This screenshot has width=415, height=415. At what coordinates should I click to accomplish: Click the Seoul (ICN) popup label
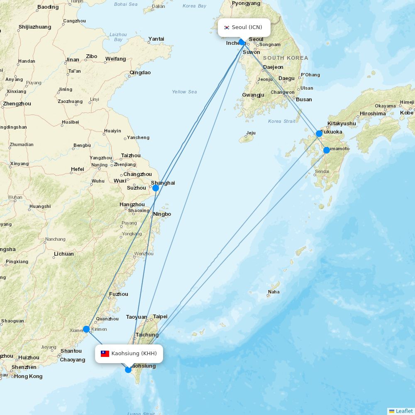(x=244, y=27)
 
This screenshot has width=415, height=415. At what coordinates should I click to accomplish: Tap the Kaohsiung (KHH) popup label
(x=129, y=354)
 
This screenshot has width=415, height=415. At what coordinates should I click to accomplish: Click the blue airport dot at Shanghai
(x=156, y=188)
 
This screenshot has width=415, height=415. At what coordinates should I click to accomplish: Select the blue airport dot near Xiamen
(x=86, y=329)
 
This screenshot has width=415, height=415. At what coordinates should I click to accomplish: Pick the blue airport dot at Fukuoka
(x=319, y=134)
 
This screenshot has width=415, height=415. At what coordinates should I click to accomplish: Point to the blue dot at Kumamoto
(x=327, y=150)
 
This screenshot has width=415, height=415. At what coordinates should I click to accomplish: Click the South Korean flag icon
(x=227, y=27)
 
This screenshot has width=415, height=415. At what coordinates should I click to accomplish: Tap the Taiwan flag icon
(x=105, y=354)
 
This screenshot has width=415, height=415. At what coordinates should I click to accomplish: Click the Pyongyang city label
(x=246, y=3)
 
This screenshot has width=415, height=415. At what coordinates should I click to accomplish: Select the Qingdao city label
(x=140, y=73)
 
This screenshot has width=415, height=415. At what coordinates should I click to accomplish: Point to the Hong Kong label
(x=28, y=376)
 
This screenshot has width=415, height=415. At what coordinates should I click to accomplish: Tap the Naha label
(x=274, y=292)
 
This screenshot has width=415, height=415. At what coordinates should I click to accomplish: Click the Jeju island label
(x=251, y=133)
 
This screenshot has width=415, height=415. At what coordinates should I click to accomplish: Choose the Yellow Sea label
(x=185, y=92)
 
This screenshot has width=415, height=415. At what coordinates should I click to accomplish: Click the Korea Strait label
(x=282, y=121)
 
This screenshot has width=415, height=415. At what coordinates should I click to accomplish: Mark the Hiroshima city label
(x=373, y=113)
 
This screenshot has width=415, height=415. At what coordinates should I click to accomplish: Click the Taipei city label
(x=160, y=317)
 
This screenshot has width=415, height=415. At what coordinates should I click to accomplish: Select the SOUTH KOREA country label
(x=286, y=58)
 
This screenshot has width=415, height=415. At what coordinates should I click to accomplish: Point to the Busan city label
(x=304, y=100)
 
